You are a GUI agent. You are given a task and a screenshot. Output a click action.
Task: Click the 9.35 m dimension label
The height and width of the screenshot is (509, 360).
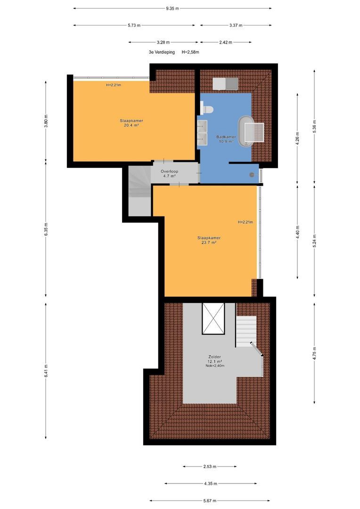pos(172,8)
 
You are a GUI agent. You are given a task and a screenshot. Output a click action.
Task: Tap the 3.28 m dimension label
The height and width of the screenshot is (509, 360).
pos(163,42)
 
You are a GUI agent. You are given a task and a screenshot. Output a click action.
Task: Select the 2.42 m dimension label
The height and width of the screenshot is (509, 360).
pos(226,42)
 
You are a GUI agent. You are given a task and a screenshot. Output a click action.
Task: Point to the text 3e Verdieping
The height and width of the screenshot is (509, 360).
pos(162,52)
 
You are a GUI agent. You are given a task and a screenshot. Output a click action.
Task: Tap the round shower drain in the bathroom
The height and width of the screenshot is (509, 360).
pos(252,175)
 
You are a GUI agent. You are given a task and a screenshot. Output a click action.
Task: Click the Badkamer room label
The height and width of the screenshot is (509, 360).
pos(226,137)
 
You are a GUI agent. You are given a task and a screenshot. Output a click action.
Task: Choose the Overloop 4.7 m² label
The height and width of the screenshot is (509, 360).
pos(169,173)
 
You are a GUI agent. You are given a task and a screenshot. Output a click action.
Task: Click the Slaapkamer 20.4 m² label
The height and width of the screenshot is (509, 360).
pos(131,123)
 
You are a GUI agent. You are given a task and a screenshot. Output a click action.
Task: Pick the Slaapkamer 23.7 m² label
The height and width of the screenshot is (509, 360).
pos(209,240)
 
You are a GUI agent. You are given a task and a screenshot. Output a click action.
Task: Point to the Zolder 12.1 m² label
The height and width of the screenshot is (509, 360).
pos(214,359)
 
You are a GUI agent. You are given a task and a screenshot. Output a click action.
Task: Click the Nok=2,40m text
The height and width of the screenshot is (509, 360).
pos(215,366)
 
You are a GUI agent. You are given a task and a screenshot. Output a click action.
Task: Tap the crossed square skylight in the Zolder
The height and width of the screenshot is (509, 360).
pos(213,319)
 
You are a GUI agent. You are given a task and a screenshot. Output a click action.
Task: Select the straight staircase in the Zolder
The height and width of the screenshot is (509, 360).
pos(246,332)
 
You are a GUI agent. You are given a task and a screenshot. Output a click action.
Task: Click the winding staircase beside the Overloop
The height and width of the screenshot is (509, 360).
pos(139,190)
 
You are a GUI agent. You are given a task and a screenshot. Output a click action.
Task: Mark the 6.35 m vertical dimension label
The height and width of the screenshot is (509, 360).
pos(46,229)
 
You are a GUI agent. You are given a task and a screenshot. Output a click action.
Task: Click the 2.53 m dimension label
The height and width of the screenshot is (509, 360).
pos(210,467)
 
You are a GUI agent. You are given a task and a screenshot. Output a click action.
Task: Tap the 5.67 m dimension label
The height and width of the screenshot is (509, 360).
pos(210,501)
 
